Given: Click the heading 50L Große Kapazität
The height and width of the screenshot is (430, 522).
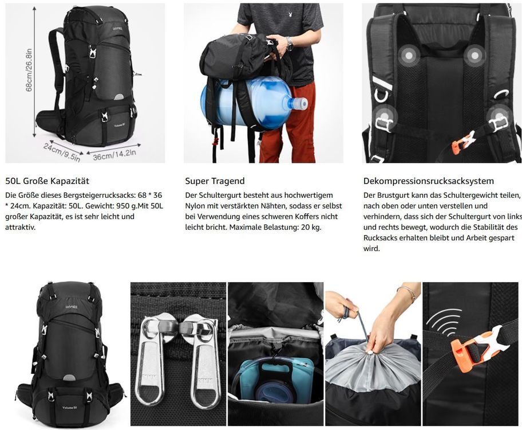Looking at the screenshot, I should tap(47, 181).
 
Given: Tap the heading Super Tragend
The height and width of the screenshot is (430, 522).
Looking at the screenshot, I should tap(215, 181).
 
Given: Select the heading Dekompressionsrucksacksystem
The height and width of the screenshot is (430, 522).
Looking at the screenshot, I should tap(428, 181).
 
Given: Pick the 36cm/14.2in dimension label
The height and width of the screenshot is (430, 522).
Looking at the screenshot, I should tap(114, 154).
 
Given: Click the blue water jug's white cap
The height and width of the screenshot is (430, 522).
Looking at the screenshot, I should tap(299, 104).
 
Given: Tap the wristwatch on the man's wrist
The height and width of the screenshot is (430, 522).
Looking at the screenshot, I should tap(289, 43).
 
